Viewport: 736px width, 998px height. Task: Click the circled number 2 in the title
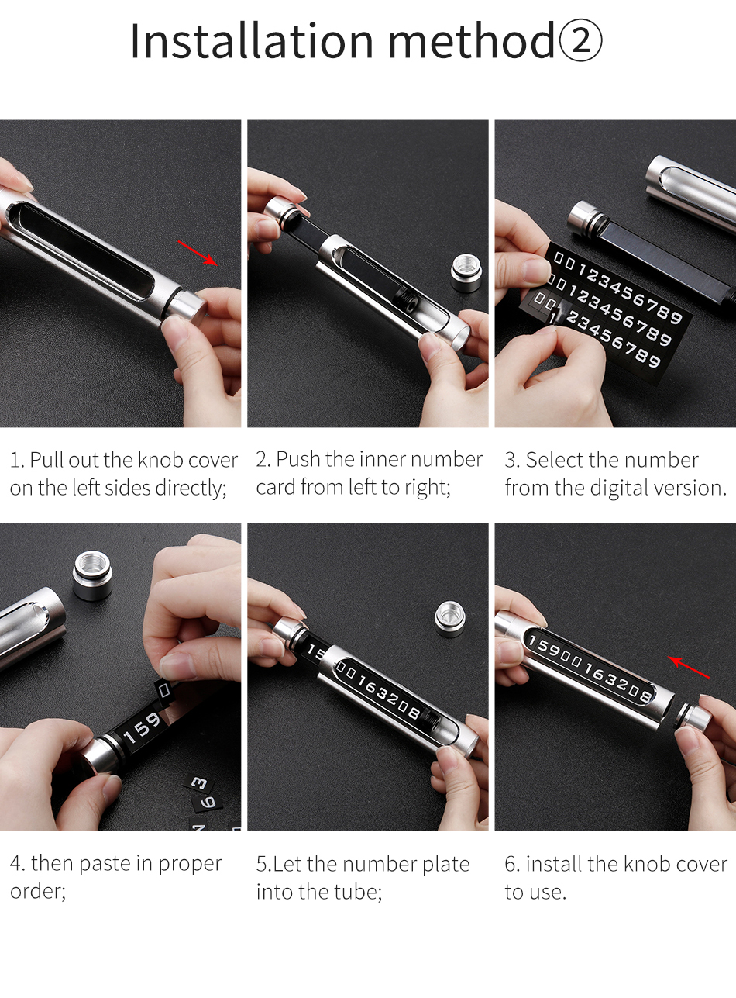click(580, 41)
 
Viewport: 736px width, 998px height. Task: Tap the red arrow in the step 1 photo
click(198, 253)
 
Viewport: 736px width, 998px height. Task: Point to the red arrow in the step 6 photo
click(689, 667)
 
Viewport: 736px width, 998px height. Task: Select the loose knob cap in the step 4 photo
click(93, 575)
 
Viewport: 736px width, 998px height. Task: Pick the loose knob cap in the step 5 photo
click(450, 619)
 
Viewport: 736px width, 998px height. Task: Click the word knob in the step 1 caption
click(160, 460)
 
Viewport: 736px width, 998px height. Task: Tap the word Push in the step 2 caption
click(298, 459)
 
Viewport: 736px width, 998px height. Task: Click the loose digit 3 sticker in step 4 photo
click(199, 783)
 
